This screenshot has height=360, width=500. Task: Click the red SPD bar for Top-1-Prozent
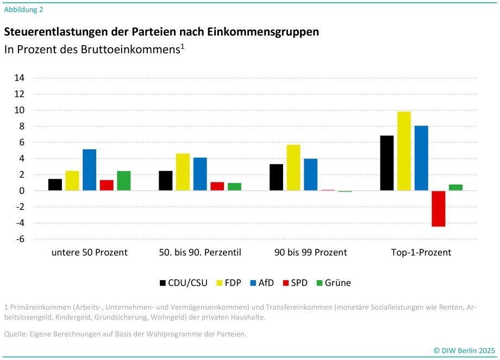pos(439,209)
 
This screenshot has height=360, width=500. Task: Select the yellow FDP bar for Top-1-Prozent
pos(404,151)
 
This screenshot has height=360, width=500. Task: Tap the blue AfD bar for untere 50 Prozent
pos(90,170)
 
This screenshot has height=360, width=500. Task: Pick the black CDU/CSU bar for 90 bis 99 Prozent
pos(277,177)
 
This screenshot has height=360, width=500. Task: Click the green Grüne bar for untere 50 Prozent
pos(124,181)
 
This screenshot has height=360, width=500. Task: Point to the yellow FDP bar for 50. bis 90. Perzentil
pos(183,172)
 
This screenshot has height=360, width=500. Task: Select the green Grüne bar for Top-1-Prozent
pos(455,188)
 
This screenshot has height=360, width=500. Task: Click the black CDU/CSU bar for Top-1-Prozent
pos(387,163)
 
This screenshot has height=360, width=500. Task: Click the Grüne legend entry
pos(334,282)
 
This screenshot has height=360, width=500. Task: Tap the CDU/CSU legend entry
pos(184,282)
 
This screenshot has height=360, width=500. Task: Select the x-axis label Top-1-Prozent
pos(421,252)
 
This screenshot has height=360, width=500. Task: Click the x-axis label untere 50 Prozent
pos(90,252)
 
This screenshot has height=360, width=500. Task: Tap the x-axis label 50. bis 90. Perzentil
pos(200,252)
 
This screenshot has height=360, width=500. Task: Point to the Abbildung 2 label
pos(23,9)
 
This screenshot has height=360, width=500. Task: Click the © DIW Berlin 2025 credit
pos(464,350)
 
